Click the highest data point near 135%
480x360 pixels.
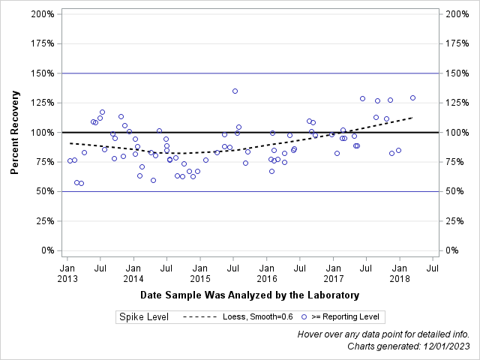(235, 91)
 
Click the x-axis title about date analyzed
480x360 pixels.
(249, 295)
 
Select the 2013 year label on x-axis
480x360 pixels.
(67, 278)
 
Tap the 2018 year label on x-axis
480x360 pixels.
(400, 278)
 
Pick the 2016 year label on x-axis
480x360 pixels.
(267, 278)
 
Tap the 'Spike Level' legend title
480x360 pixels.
(143, 317)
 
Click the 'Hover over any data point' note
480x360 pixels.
(383, 334)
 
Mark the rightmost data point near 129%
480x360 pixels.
(412, 97)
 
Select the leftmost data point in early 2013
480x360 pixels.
(70, 160)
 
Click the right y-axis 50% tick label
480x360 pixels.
(454, 191)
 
